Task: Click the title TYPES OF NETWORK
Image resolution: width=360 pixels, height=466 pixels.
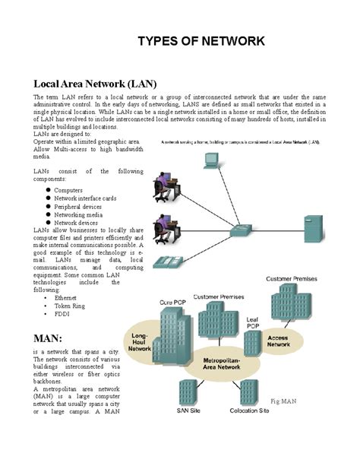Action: pos(201,40)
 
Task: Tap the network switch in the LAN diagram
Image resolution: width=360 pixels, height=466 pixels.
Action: pos(245,231)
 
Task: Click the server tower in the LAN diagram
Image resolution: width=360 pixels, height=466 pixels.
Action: pos(313,229)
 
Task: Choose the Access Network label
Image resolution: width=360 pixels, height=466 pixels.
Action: pos(279,341)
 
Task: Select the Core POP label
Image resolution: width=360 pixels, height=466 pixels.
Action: pos(171,303)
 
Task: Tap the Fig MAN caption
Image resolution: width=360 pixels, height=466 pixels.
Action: pos(283,400)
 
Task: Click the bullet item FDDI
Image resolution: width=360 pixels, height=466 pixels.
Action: pos(62,314)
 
